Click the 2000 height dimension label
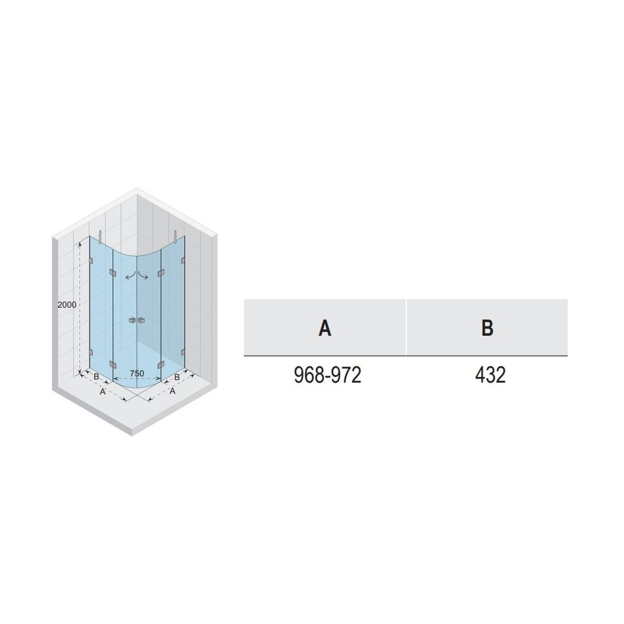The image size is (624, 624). (x=67, y=305)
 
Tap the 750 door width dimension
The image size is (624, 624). (x=137, y=373)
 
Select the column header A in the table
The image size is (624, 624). (x=325, y=328)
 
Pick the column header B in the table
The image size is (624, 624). (x=487, y=328)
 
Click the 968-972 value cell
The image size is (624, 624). (x=327, y=375)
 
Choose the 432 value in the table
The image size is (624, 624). (x=490, y=375)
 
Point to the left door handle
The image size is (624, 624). (x=133, y=321)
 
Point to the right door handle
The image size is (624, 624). (x=141, y=321)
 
